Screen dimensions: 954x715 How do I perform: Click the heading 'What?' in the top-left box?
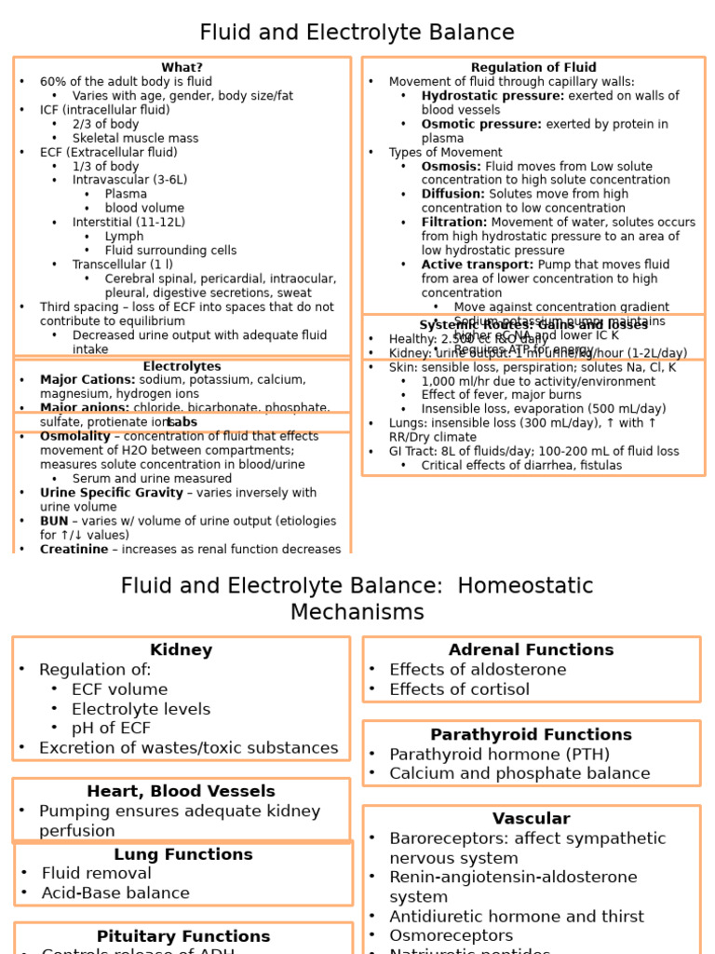click(x=182, y=68)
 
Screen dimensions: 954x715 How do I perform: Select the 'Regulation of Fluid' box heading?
click(x=533, y=68)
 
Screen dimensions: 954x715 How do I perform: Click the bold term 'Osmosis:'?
click(x=451, y=167)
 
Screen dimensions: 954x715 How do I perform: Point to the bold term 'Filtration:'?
click(x=453, y=223)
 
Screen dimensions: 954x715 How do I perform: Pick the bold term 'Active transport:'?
click(x=477, y=265)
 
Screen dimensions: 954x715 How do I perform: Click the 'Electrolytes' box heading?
click(x=182, y=367)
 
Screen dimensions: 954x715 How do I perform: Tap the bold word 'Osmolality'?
click(x=75, y=437)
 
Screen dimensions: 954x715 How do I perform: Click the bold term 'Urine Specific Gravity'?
click(x=111, y=493)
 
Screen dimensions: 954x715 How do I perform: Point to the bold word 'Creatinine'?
click(x=74, y=550)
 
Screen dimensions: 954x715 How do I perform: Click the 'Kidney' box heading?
click(x=182, y=650)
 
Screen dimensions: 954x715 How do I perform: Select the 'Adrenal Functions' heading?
click(x=531, y=650)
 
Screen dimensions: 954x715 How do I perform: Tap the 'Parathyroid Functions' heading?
click(x=531, y=735)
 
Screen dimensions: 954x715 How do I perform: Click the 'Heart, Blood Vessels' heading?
click(x=182, y=792)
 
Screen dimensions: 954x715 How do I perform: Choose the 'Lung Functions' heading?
click(x=183, y=854)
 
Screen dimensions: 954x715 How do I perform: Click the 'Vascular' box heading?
click(x=531, y=819)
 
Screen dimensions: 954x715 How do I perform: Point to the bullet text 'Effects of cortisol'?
click(x=459, y=689)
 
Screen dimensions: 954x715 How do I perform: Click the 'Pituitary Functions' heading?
click(x=183, y=936)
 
